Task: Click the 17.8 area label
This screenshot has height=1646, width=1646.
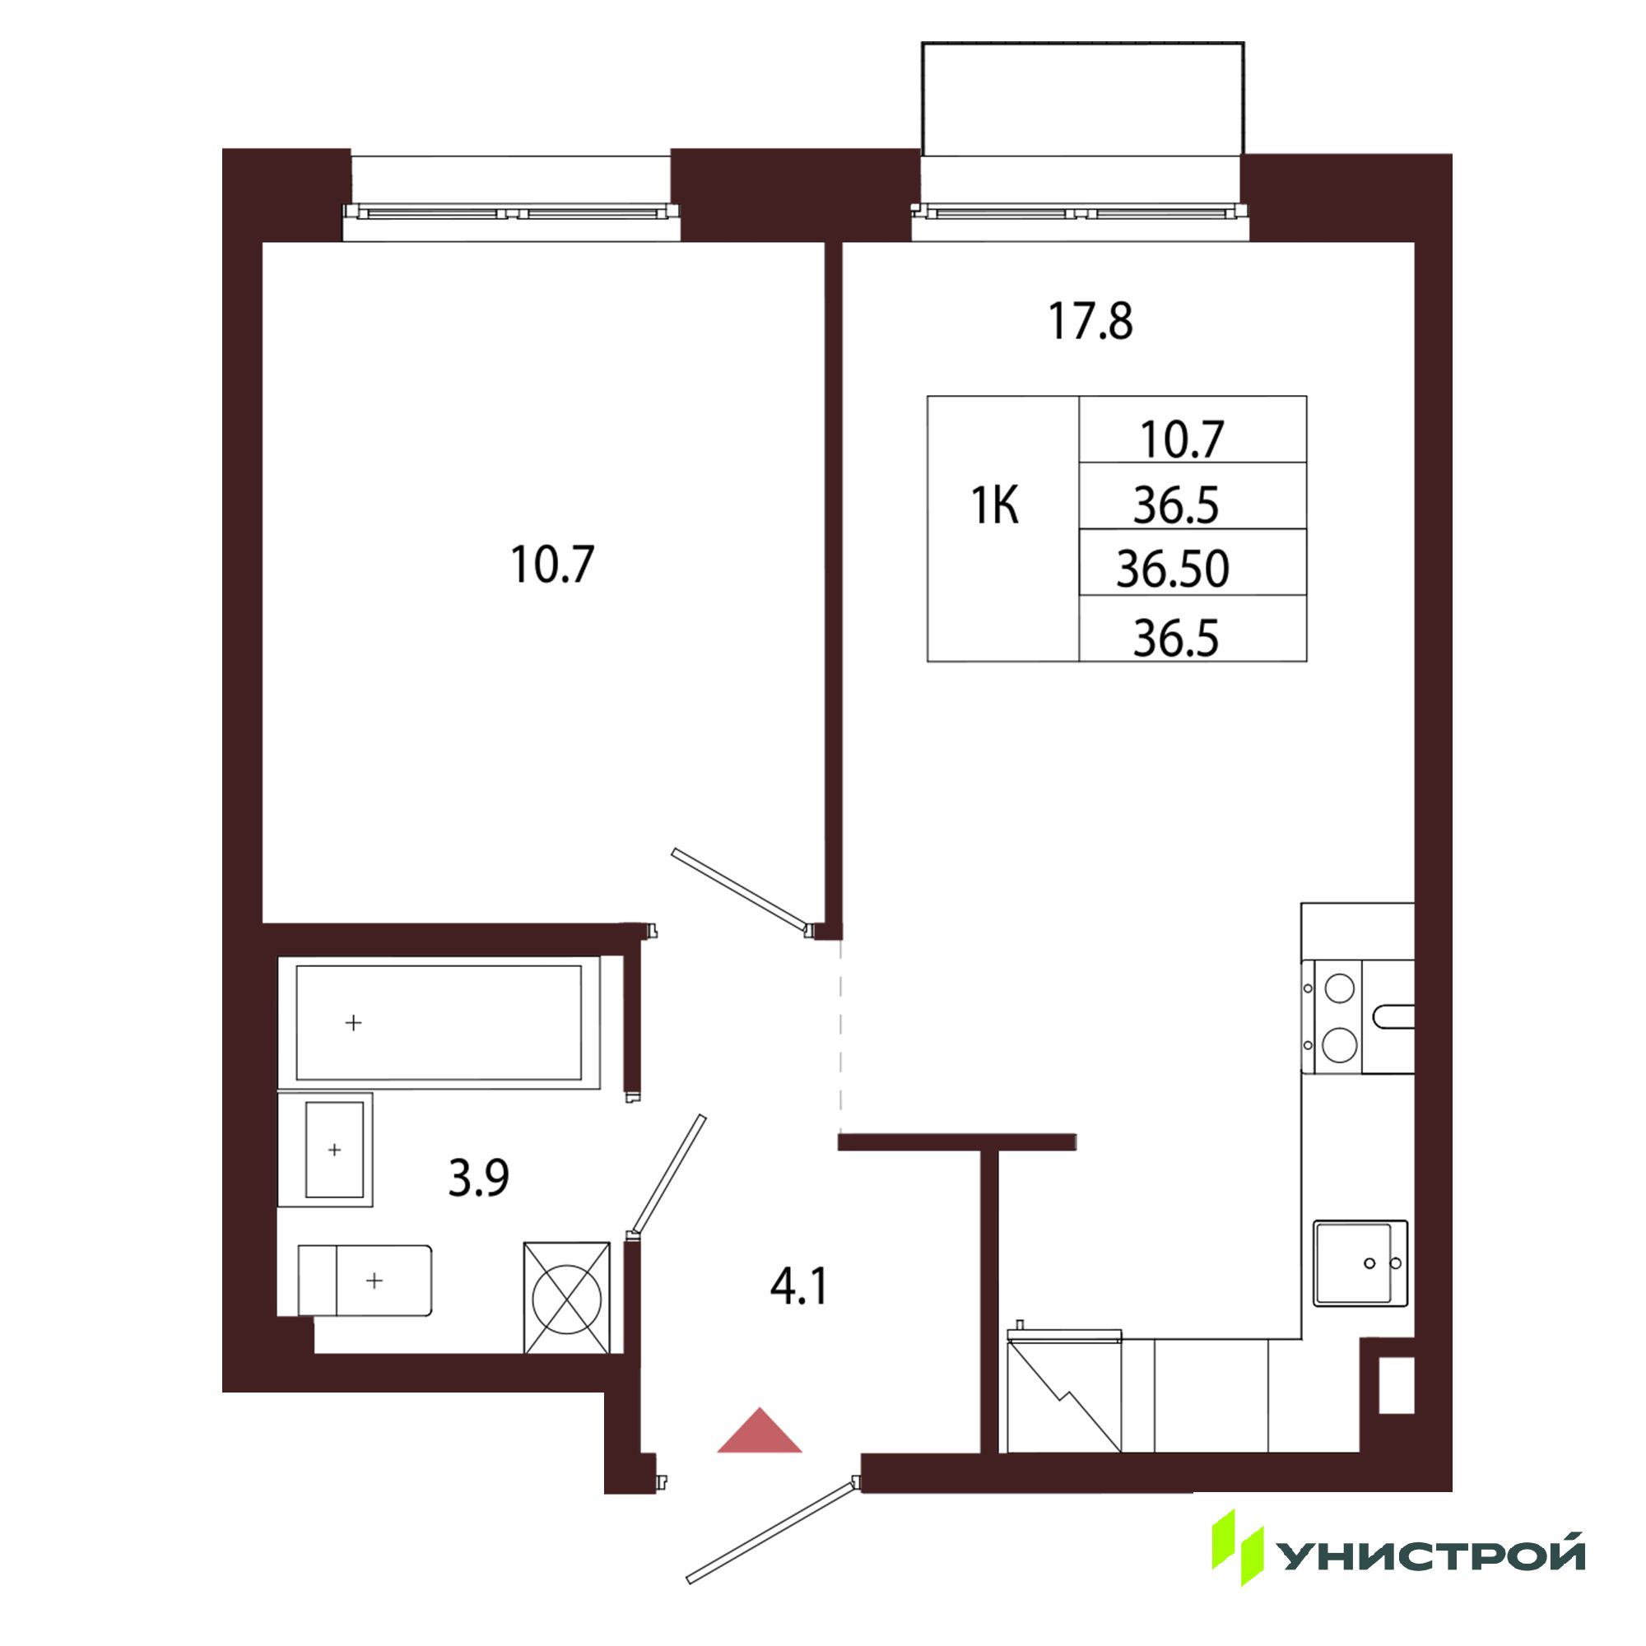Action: [x=1090, y=322]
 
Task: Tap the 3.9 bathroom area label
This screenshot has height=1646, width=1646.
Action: [x=479, y=1179]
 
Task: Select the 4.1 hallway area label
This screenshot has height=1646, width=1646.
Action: [x=798, y=1286]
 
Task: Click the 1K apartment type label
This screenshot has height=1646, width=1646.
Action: [x=995, y=506]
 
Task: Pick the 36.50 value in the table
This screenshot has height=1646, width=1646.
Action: [x=1173, y=570]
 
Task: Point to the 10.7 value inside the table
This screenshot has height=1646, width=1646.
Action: [x=1182, y=439]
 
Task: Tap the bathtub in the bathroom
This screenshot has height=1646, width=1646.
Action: [x=439, y=1022]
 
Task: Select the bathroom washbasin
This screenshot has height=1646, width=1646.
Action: [x=325, y=1151]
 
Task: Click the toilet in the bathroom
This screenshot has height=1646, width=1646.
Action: [x=365, y=1281]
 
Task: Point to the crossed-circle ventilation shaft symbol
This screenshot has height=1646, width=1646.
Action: [x=566, y=1299]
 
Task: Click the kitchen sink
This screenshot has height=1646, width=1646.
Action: [x=1360, y=1263]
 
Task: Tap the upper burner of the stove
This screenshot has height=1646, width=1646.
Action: [x=1339, y=989]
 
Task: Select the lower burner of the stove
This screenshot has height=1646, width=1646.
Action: [x=1339, y=1045]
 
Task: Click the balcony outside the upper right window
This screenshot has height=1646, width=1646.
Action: [x=1083, y=99]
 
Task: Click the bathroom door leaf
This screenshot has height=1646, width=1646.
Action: [x=667, y=1175]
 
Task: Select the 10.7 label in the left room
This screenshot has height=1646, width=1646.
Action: [x=552, y=565]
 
